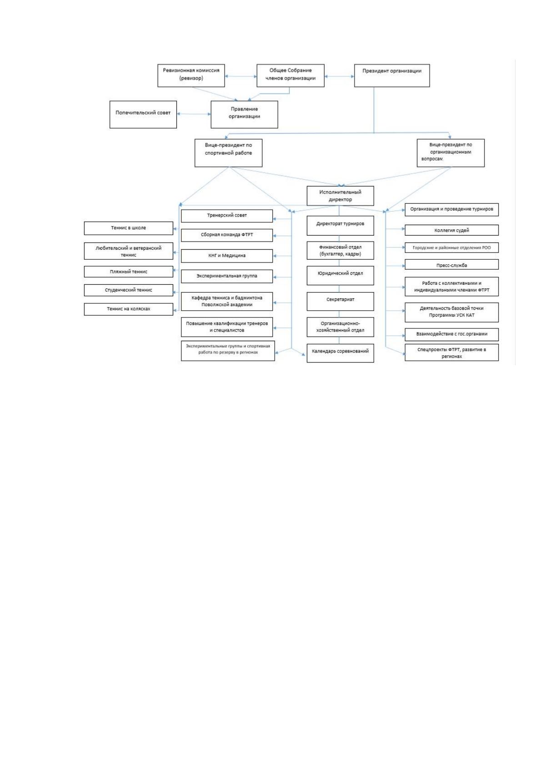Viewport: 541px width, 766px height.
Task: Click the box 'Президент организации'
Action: click(x=391, y=76)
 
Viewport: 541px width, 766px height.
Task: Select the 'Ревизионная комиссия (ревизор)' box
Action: click(x=191, y=76)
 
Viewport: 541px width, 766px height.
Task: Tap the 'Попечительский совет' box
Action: click(x=143, y=115)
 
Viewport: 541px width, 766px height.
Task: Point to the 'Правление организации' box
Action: click(x=244, y=115)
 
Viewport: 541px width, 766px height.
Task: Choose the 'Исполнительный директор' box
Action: click(x=340, y=196)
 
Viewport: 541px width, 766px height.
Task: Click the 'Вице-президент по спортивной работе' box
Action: click(x=228, y=153)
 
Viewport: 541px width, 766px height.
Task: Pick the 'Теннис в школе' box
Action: click(x=129, y=228)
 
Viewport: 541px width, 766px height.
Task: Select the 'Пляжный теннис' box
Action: click(x=129, y=272)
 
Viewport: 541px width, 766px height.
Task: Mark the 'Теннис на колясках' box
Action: click(x=129, y=309)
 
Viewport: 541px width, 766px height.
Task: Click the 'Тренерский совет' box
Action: click(x=226, y=216)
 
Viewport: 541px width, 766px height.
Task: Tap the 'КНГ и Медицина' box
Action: click(x=226, y=256)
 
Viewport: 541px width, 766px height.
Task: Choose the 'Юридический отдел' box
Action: click(x=340, y=276)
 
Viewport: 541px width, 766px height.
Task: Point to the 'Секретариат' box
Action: click(x=340, y=301)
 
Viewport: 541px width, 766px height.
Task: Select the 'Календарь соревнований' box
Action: click(x=340, y=353)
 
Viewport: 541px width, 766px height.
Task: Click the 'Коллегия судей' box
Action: click(x=451, y=230)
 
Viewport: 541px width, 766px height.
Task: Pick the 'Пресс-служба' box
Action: click(x=451, y=265)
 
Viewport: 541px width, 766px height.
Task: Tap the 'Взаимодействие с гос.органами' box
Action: click(x=451, y=334)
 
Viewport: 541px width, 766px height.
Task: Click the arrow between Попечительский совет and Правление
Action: click(x=194, y=114)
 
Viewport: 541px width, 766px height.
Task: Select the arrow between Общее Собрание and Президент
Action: click(x=339, y=76)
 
